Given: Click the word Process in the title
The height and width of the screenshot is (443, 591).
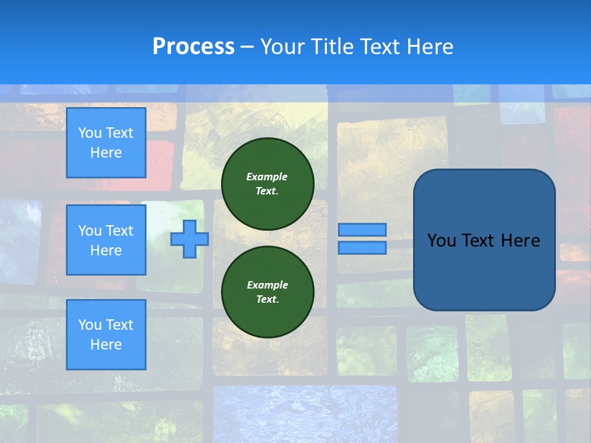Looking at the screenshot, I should coord(193,47).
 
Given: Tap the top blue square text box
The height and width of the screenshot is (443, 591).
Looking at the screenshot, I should coord(106,143).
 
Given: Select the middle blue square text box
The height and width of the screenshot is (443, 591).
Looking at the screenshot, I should coord(106,240).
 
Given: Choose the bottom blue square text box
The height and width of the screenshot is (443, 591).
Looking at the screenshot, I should coord(106,335).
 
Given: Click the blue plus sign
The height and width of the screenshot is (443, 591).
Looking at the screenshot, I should coord(190,239).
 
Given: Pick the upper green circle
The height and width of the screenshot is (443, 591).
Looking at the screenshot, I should coord(268,184).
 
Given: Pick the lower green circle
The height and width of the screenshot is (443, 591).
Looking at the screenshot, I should coord(268,292).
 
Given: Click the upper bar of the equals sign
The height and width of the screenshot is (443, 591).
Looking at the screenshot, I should coord(363,230).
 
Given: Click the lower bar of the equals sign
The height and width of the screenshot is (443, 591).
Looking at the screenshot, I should coord(363,248).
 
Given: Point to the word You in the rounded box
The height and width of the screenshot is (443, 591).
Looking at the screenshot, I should coord(441,241).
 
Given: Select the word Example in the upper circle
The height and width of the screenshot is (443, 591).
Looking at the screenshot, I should coord(267,177).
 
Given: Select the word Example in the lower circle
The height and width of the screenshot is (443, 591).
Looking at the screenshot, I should coord(267,285).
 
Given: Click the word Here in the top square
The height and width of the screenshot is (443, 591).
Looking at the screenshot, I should coord(106,153).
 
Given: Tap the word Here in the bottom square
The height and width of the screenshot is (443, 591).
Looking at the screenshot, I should coord(106,345).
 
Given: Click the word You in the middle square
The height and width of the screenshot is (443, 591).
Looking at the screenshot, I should coord(90,231).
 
